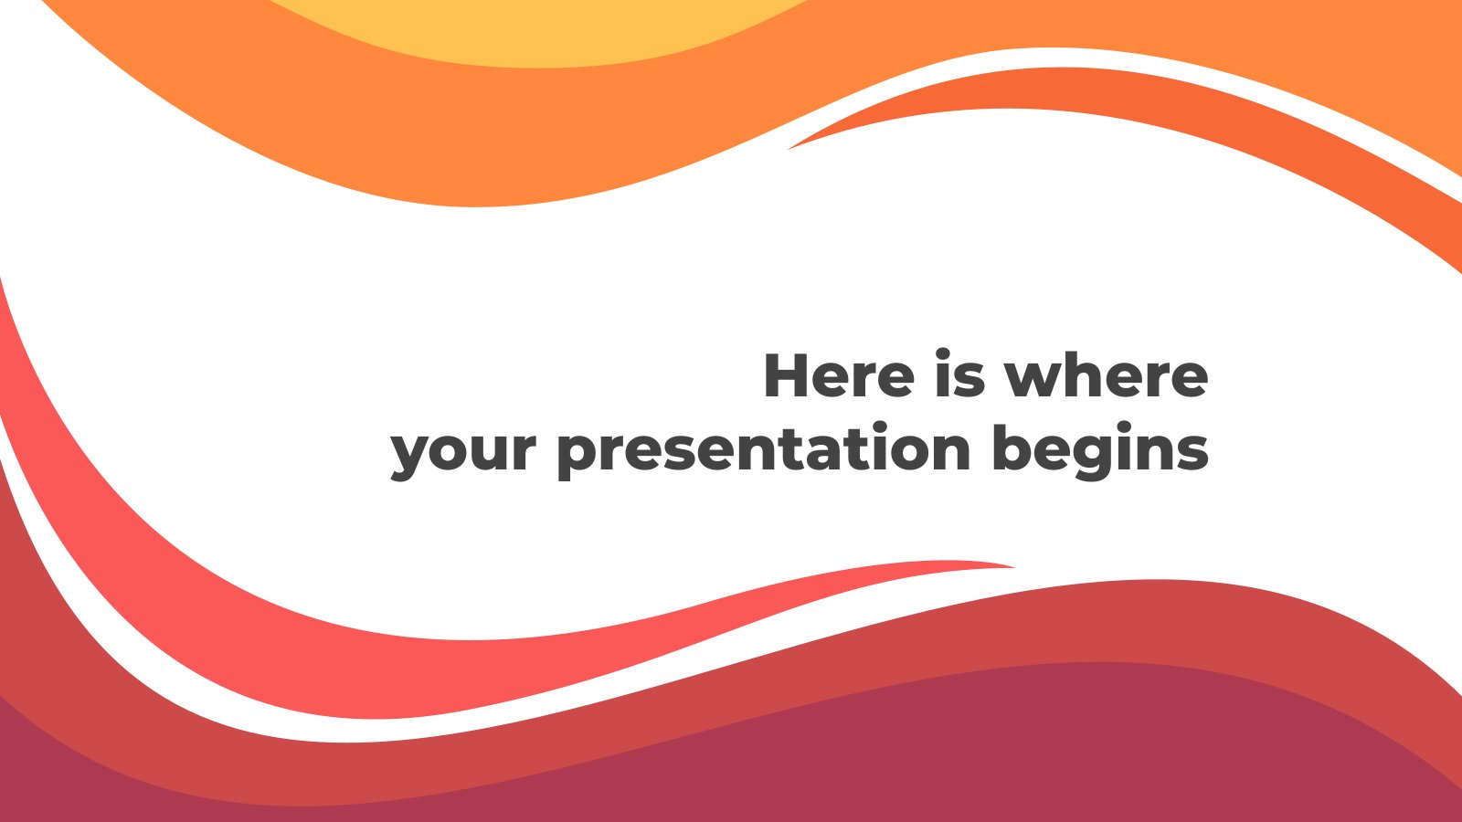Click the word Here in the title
click(x=839, y=375)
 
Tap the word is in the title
click(x=959, y=375)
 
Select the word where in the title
click(x=1106, y=375)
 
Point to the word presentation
click(x=763, y=450)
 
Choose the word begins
click(x=1100, y=450)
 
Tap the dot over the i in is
click(x=944, y=354)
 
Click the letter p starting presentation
click(x=577, y=454)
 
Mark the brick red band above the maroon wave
click(x=1188, y=621)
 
